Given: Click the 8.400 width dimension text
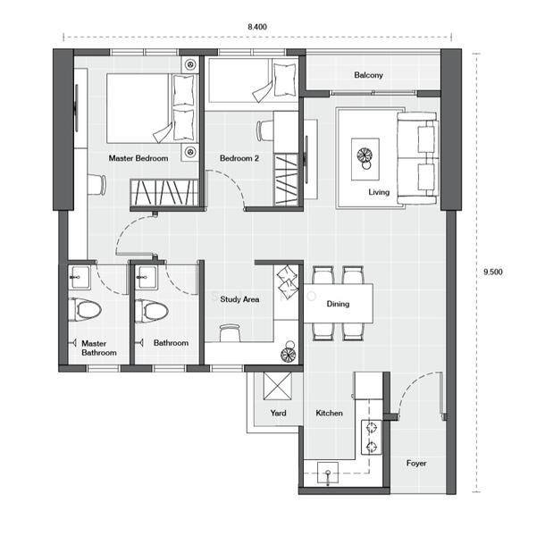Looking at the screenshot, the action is tap(257, 27).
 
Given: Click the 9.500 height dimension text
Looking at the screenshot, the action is tap(493, 272).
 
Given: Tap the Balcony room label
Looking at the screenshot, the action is tap(368, 75).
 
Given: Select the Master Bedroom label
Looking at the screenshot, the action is tap(138, 158).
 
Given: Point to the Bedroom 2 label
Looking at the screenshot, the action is tap(239, 158).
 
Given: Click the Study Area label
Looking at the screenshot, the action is tap(239, 299).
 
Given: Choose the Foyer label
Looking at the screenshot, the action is tap(416, 463).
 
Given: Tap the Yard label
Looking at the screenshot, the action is tap(278, 413).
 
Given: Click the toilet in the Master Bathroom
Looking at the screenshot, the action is tap(85, 309).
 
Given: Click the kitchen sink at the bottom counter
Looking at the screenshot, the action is tap(328, 473).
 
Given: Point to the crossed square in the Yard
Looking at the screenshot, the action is tap(277, 386).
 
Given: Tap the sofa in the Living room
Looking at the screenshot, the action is tap(417, 158).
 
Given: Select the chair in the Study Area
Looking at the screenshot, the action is tap(230, 332).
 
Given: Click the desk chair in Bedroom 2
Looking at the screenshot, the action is tap(264, 130).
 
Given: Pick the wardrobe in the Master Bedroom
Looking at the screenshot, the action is tap(164, 193).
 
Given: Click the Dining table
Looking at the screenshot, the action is tap(339, 304).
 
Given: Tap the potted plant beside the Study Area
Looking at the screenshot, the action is tap(289, 351).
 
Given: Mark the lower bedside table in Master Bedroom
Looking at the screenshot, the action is tap(189, 152).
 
